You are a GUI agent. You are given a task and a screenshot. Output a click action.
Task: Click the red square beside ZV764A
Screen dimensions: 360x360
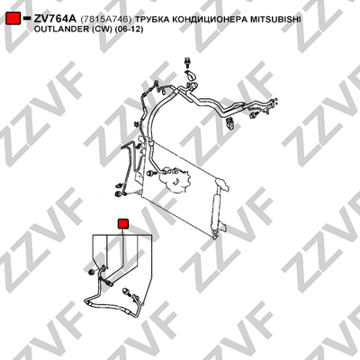point(13,19)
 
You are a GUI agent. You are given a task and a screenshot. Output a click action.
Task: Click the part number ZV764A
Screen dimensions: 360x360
point(55,19)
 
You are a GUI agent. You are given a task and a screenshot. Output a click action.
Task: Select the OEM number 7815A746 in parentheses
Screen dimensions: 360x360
point(106,20)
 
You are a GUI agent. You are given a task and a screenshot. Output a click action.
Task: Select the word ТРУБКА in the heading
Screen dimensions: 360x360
point(150,20)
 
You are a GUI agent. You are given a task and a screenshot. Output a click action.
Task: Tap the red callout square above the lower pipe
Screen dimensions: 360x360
point(123,224)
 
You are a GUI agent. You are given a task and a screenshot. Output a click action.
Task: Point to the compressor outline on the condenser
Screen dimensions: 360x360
point(175,181)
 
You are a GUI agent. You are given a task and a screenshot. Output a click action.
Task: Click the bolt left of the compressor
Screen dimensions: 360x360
point(151,173)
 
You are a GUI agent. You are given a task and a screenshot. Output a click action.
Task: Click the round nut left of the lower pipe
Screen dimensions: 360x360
point(90,272)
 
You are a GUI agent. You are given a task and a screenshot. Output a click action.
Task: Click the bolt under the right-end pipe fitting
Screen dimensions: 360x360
point(255,114)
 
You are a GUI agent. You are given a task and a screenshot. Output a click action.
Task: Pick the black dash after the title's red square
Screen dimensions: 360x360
point(27,19)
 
